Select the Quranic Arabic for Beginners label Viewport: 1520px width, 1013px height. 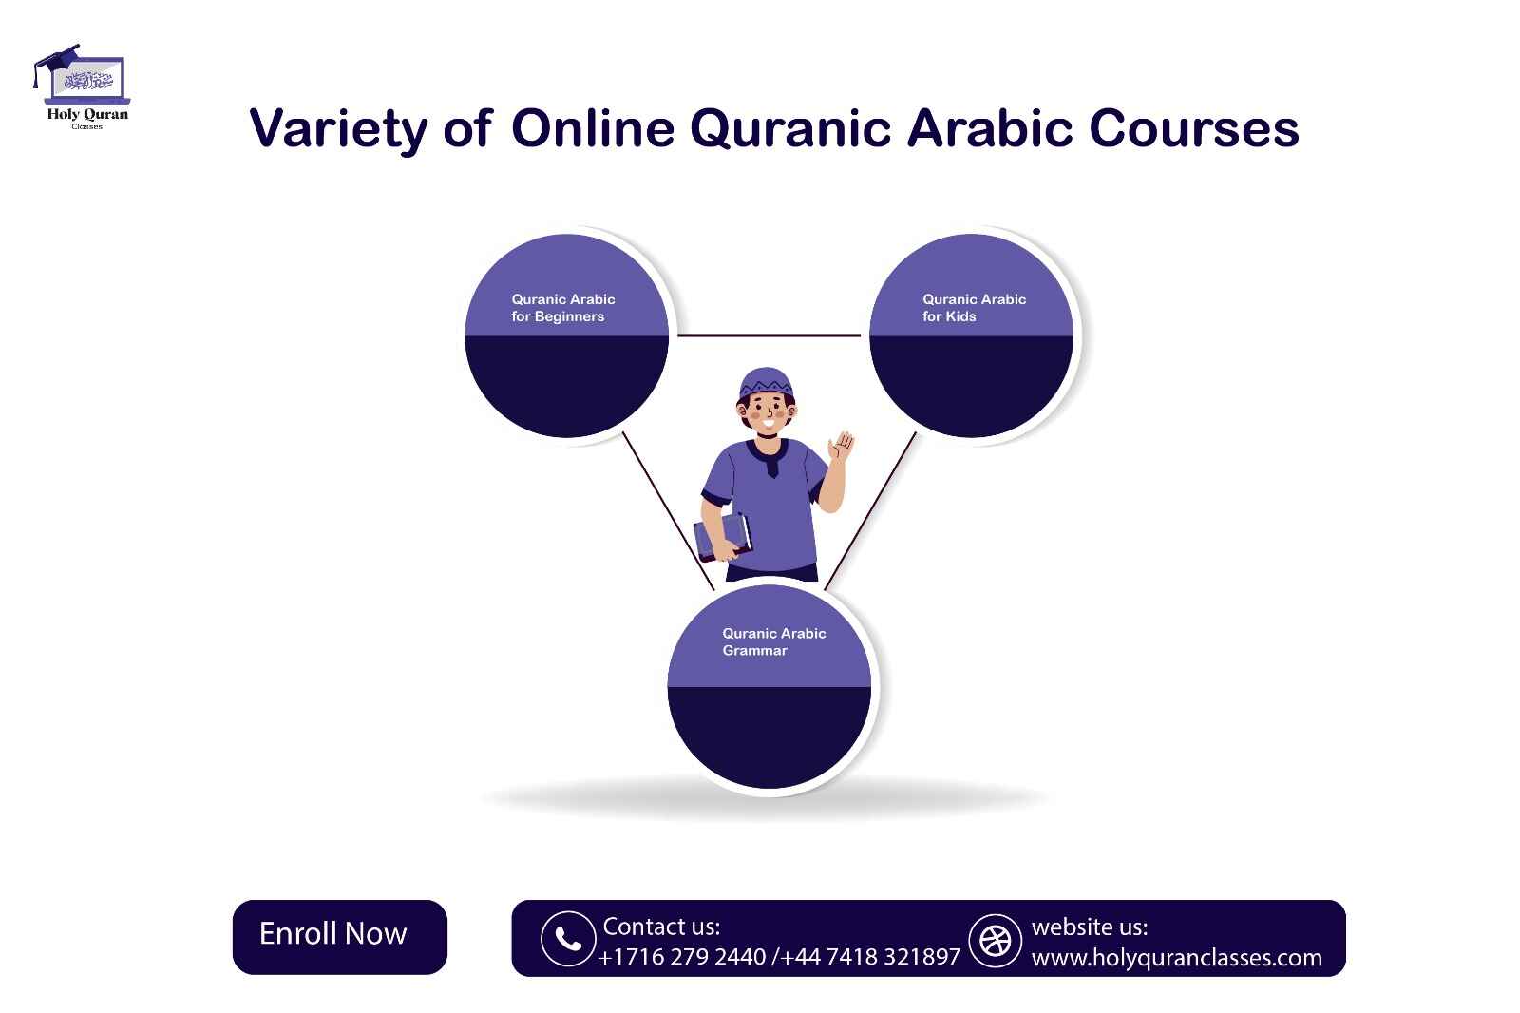point(562,308)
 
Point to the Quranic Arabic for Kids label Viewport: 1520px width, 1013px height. point(974,308)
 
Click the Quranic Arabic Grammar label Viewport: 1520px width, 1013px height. point(773,641)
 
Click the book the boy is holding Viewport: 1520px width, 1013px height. point(722,537)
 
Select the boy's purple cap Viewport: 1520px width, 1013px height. point(766,382)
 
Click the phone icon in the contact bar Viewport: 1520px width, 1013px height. point(567,939)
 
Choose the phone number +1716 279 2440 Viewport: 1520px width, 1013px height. point(682,956)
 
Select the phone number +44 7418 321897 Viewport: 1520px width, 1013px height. point(870,956)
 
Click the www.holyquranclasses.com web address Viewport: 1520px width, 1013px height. point(1176,957)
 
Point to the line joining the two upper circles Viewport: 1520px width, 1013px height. point(769,335)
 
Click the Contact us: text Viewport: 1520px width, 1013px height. point(661,926)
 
